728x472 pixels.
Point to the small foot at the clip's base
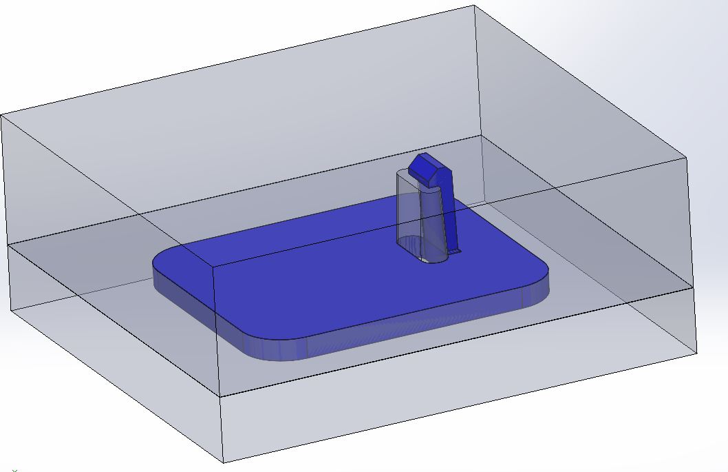pos(455,252)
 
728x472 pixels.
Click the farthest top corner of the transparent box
pos(475,6)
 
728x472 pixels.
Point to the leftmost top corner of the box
pos(1,114)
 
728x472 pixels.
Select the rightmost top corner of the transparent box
pos(687,157)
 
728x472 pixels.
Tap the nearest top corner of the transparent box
pos(213,265)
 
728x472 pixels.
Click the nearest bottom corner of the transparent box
pos(224,462)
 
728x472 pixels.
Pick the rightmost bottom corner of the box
pos(697,354)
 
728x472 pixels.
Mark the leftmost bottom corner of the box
pos(10,310)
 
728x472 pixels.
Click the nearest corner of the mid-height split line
pos(220,396)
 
